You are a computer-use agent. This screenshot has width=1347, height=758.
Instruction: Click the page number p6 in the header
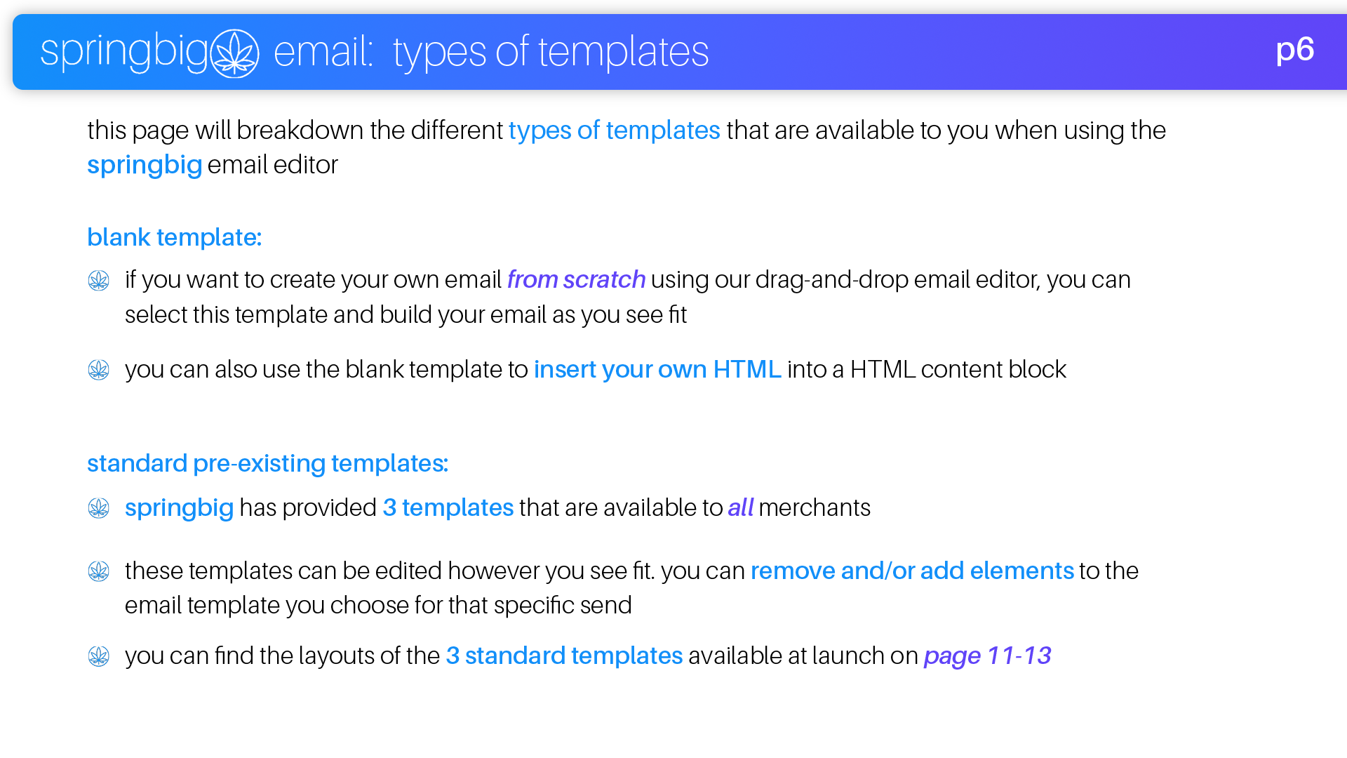tap(1294, 51)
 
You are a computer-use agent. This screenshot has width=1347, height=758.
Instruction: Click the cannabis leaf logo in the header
tap(235, 53)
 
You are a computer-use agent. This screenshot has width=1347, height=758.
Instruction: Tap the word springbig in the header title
tap(124, 52)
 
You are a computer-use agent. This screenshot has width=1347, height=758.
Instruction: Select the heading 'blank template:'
tap(174, 237)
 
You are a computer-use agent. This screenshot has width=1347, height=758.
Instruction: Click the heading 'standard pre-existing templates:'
tap(267, 463)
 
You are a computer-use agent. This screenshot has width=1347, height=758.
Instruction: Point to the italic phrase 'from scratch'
tap(576, 279)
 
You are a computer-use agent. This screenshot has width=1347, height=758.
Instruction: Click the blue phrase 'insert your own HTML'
tap(657, 369)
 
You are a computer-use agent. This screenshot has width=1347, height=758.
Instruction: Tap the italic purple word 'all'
tap(740, 507)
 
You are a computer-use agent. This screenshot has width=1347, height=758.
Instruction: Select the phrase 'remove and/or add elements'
tap(912, 571)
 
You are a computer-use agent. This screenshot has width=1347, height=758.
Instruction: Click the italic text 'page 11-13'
tap(987, 656)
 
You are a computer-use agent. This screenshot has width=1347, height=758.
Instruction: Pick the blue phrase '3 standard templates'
tap(564, 656)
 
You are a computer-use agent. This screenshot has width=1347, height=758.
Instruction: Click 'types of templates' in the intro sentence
tap(614, 131)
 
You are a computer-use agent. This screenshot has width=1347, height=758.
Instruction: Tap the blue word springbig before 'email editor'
tap(145, 165)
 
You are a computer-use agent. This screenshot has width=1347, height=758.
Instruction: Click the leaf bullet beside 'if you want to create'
tap(99, 281)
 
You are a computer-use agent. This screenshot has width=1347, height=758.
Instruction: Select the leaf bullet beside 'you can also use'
tap(99, 370)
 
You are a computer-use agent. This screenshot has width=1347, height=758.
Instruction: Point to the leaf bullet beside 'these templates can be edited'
tap(99, 571)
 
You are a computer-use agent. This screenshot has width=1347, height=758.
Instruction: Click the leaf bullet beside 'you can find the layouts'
tap(99, 656)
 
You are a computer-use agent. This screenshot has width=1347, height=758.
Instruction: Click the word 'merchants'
tap(814, 507)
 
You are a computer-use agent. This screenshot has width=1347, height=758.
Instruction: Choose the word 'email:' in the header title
tap(323, 52)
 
